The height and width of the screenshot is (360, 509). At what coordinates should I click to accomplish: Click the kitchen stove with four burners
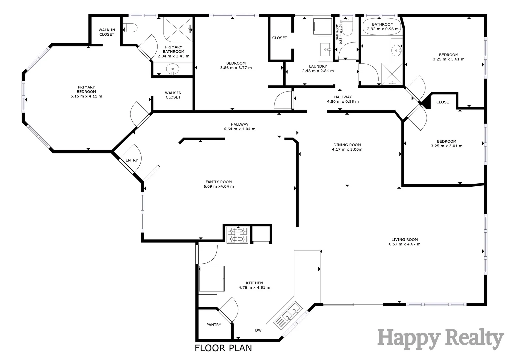[237, 235]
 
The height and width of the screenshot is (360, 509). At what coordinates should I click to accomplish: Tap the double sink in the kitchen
[287, 314]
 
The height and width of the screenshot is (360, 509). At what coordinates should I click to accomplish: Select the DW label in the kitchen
[258, 330]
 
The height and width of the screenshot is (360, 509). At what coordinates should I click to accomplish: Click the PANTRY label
[214, 325]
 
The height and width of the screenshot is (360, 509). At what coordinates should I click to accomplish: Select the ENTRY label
[132, 160]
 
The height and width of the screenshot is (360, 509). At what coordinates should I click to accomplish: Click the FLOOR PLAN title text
[223, 348]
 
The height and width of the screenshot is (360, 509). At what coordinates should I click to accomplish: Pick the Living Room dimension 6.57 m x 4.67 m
[404, 244]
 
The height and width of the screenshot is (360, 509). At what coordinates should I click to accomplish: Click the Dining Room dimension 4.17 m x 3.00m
[347, 149]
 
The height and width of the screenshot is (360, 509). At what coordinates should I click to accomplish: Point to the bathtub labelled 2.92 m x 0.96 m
[383, 27]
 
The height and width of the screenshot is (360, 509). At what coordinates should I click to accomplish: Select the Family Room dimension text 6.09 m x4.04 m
[219, 186]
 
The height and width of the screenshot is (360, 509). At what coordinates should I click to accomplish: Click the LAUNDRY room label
[318, 66]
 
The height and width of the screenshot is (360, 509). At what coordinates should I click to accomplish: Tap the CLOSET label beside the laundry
[279, 38]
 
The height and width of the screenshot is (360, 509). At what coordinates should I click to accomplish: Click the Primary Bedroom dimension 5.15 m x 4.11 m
[86, 96]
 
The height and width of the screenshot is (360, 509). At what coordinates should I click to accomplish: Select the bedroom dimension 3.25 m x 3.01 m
[446, 146]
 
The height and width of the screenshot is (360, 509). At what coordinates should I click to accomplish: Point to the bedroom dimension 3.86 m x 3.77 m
[236, 68]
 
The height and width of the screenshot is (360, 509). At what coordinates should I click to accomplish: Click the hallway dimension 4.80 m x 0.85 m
[343, 102]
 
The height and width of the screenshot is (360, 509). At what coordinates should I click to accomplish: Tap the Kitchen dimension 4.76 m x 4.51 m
[254, 287]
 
